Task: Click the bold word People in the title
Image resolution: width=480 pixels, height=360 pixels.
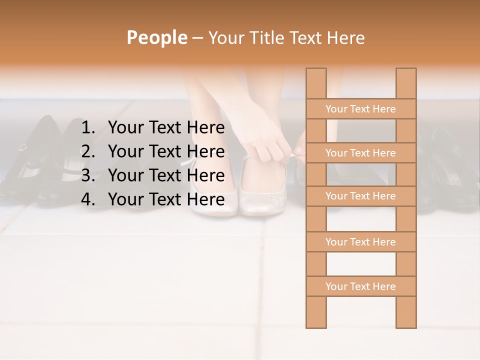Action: click(x=156, y=37)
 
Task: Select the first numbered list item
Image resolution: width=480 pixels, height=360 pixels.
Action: click(x=166, y=128)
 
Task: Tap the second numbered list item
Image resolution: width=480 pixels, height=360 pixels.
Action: click(x=166, y=151)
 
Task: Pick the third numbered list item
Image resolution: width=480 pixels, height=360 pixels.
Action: click(x=166, y=175)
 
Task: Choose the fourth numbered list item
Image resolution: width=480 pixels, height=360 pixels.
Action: click(x=166, y=199)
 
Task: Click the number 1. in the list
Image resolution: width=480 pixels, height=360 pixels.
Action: click(x=88, y=128)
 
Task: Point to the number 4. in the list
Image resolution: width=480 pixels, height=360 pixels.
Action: click(x=88, y=199)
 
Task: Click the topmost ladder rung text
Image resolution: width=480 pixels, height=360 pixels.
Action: click(x=360, y=109)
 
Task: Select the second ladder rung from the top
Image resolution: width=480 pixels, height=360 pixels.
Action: click(x=360, y=153)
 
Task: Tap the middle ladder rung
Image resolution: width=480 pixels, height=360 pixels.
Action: click(x=360, y=196)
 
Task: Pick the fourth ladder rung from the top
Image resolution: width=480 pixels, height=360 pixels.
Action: click(x=360, y=242)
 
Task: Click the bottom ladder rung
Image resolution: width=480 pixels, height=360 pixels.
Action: click(x=360, y=286)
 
